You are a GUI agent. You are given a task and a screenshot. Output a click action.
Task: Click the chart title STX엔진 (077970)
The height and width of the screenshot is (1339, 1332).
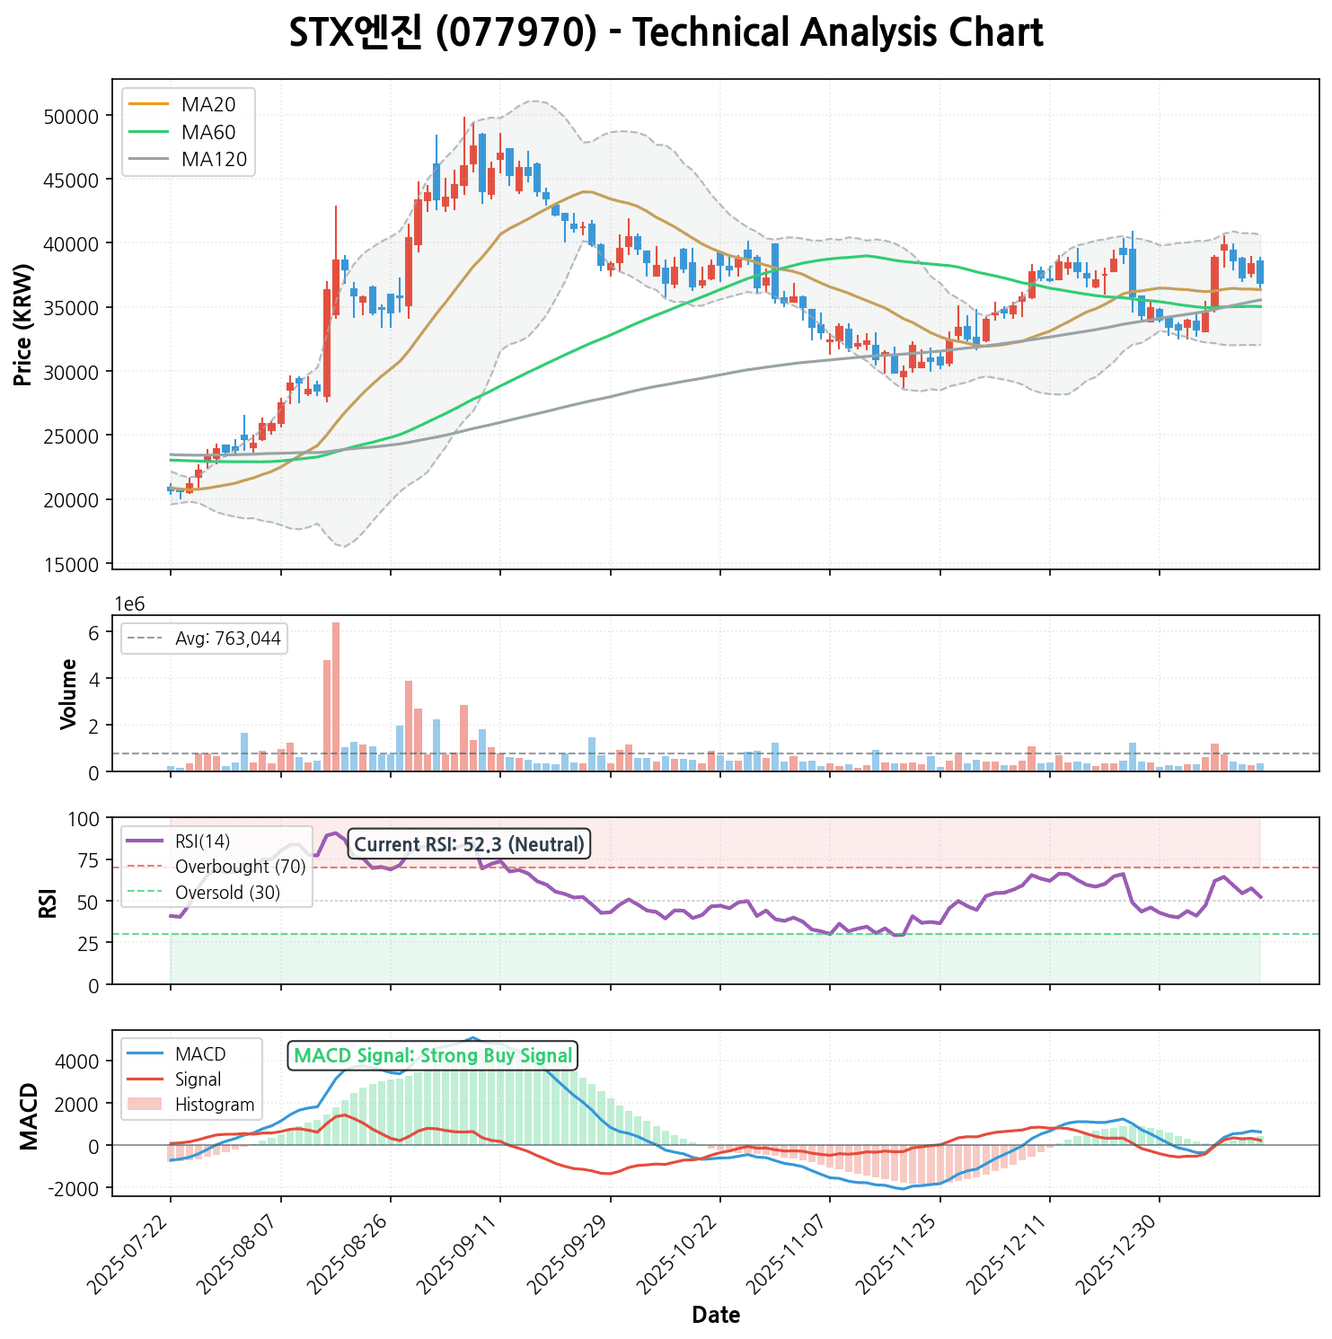[666, 34]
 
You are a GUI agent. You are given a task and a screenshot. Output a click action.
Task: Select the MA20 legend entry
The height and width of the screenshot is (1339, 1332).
[207, 105]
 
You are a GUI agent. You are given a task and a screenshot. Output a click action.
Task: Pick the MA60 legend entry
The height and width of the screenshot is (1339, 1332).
[207, 133]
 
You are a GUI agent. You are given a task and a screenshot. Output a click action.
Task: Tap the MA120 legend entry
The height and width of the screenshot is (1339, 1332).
[213, 160]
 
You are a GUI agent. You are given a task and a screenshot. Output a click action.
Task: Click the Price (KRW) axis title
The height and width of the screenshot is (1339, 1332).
[24, 324]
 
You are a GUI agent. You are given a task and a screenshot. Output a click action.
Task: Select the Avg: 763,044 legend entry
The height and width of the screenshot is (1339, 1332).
[227, 639]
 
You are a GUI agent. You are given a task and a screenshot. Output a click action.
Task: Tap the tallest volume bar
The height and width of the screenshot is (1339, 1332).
[336, 697]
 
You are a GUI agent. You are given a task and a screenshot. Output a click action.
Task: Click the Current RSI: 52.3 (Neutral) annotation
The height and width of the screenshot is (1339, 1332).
[469, 844]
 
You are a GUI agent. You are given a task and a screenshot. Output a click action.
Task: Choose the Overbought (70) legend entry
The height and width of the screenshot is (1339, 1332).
[240, 867]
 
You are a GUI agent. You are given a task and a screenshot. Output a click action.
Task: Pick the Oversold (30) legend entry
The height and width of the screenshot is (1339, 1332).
[227, 893]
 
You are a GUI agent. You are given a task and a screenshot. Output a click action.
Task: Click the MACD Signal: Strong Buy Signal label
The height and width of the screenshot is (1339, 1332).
[433, 1055]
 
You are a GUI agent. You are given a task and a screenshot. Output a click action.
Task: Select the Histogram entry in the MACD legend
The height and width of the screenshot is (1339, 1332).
[215, 1105]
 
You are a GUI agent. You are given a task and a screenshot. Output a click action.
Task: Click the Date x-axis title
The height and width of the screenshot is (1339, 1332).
[716, 1316]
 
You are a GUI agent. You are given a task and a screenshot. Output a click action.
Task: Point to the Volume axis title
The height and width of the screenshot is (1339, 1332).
[68, 693]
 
